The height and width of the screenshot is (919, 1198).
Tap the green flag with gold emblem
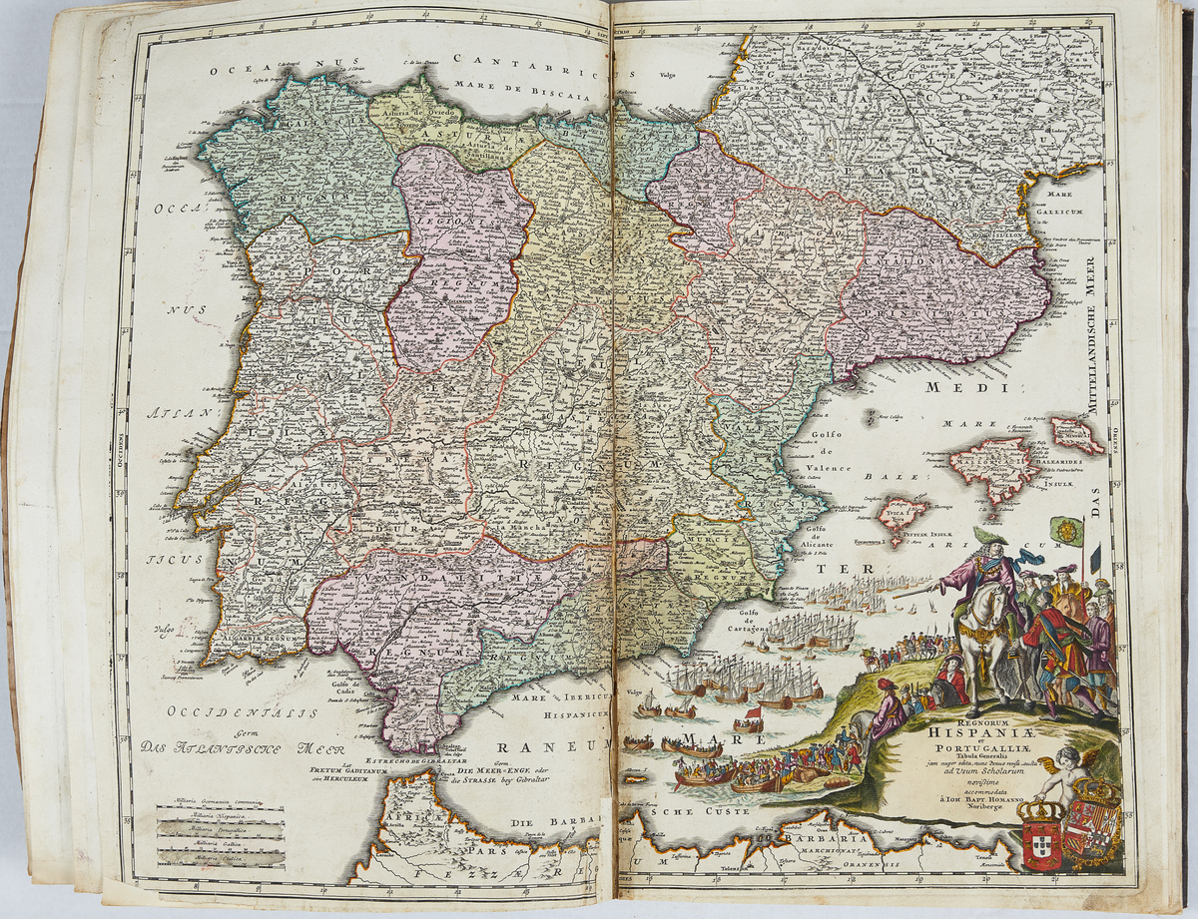1068,531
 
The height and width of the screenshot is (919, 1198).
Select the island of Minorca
1075,435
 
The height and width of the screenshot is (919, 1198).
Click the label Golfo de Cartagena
756,623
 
